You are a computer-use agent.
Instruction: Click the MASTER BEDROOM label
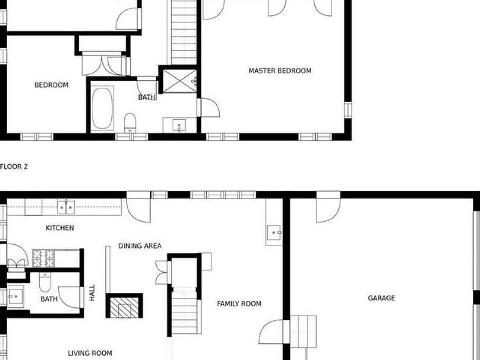click(280, 71)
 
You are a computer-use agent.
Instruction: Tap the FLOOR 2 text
click(14, 167)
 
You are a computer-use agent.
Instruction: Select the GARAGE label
click(381, 298)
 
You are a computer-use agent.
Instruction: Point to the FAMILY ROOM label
click(239, 304)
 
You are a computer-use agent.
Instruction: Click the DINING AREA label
click(140, 246)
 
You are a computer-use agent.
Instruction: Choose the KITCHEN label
click(60, 228)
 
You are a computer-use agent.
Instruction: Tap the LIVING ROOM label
click(90, 353)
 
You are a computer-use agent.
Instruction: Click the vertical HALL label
click(92, 293)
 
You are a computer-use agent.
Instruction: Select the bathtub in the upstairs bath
click(102, 108)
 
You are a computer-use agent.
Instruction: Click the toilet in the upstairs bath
click(130, 122)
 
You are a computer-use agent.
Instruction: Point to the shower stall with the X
click(179, 81)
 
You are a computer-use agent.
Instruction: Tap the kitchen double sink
click(66, 207)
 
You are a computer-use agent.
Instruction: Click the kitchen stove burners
click(44, 258)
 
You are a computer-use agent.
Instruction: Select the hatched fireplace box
click(124, 306)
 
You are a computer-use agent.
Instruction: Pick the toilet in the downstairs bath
click(45, 282)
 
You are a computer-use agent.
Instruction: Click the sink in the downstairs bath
click(15, 297)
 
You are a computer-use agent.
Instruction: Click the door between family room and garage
click(273, 332)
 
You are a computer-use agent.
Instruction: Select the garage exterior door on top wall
click(328, 207)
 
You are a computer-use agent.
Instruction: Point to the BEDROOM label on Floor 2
click(51, 85)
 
